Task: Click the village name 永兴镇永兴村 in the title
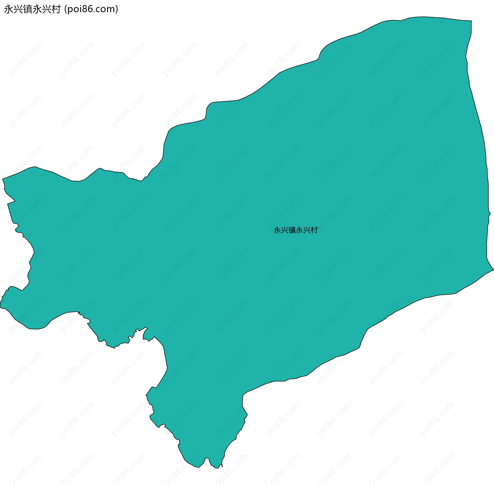pyautogui.click(x=32, y=9)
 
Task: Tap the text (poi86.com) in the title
pyautogui.click(x=91, y=9)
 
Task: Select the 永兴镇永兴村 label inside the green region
pyautogui.click(x=296, y=230)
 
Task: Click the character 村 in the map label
pyautogui.click(x=314, y=230)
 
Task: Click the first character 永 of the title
pyautogui.click(x=8, y=9)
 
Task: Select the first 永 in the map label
pyautogui.click(x=277, y=230)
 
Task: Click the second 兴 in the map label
pyautogui.click(x=307, y=230)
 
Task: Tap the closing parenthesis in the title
pyautogui.click(x=117, y=9)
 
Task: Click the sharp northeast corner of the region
pyautogui.click(x=471, y=21)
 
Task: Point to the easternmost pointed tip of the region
pyautogui.click(x=493, y=270)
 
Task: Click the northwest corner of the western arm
pyautogui.click(x=3, y=179)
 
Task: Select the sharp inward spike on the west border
pyautogui.click(x=15, y=201)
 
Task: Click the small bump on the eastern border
pyautogui.click(x=490, y=213)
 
